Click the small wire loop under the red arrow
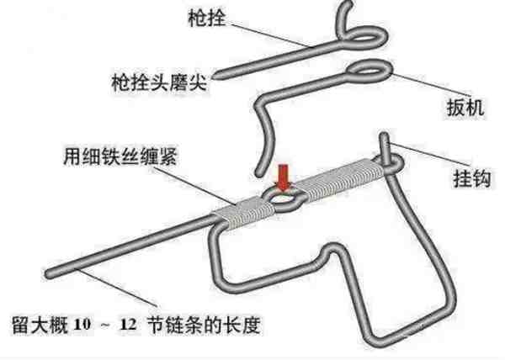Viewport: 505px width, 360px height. coord(284,200)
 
